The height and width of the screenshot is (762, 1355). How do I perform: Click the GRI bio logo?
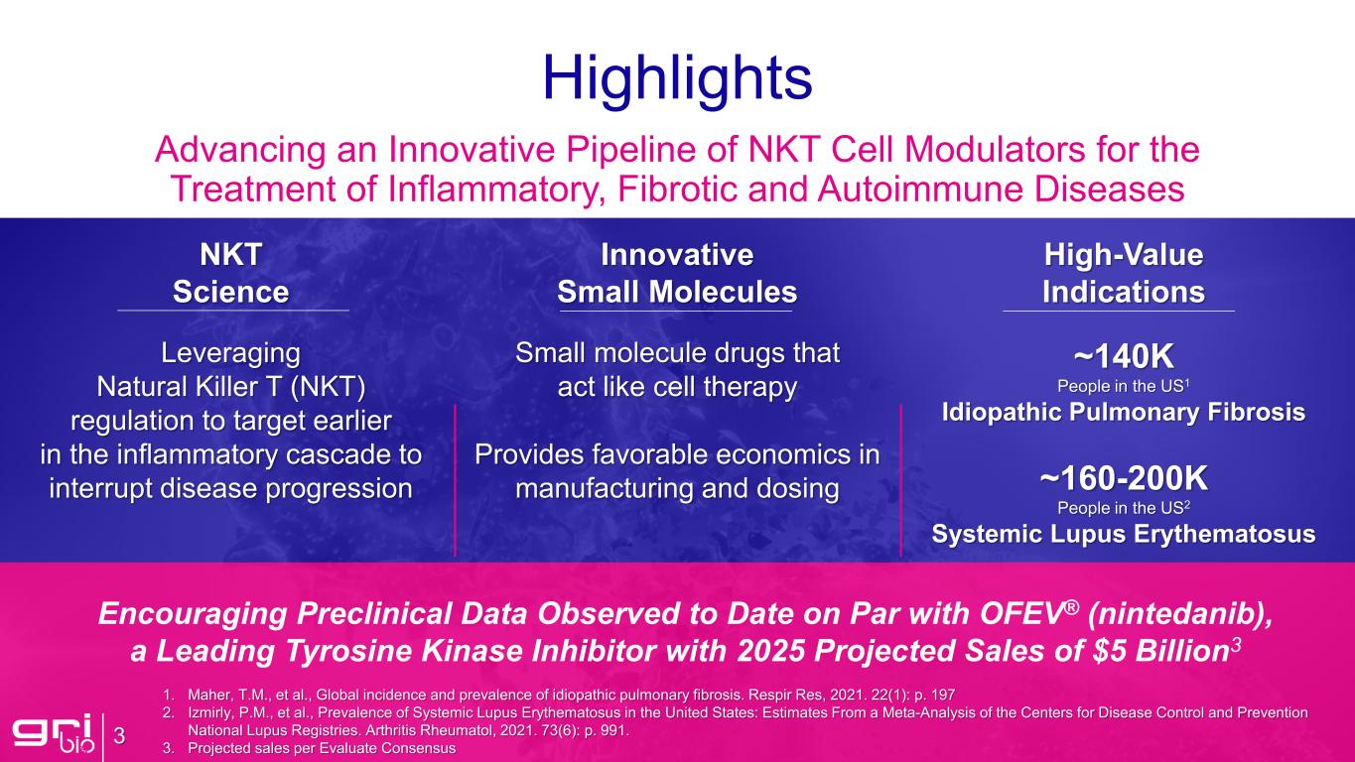(x=51, y=735)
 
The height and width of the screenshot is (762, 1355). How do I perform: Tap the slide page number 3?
(x=119, y=736)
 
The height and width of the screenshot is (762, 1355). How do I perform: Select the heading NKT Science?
(x=231, y=274)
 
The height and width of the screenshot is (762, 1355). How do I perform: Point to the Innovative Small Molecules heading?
(x=677, y=274)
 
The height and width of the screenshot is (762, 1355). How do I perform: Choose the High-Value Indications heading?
(x=1123, y=274)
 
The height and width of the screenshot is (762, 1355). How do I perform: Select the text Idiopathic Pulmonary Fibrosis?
(x=1123, y=413)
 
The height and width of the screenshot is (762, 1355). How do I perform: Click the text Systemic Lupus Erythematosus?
(x=1123, y=535)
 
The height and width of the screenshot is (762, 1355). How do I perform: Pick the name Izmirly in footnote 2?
(x=212, y=711)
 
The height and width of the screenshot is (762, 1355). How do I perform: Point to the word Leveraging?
(x=231, y=353)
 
